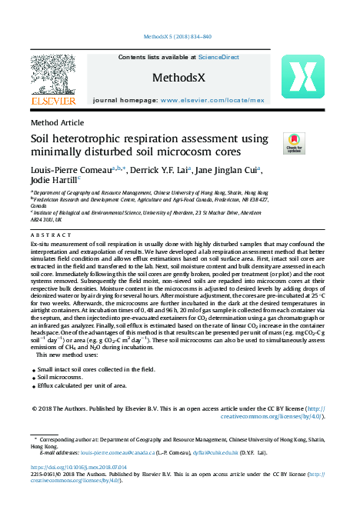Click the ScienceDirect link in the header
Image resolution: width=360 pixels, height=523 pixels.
tap(218, 58)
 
